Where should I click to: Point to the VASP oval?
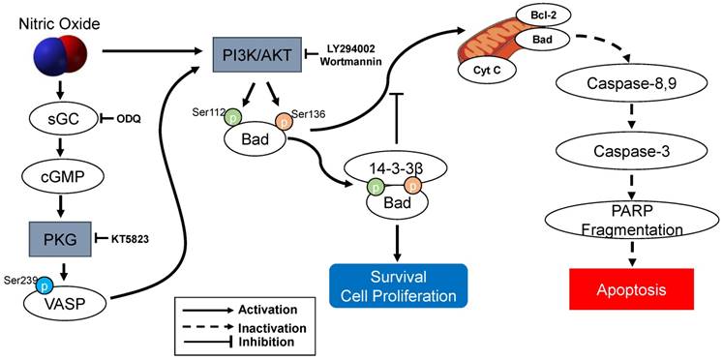tap(67, 303)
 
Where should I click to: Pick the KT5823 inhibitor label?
tap(131, 239)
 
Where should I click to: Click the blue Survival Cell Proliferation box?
tap(399, 285)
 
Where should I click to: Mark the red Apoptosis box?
tap(631, 288)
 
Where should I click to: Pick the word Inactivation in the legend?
tap(272, 329)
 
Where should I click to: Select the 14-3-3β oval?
tap(398, 168)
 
